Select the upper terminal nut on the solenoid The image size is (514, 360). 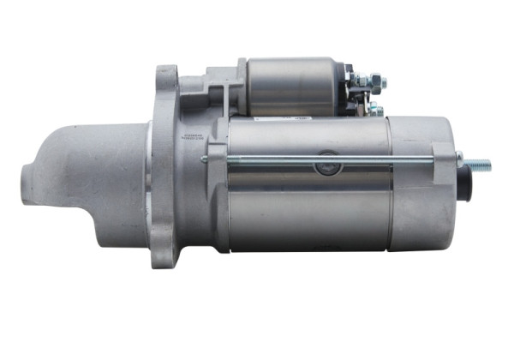tap(377, 84)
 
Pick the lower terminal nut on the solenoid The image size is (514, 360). tap(374, 109)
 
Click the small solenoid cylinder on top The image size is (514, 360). tap(291, 86)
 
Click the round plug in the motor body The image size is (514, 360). tap(326, 166)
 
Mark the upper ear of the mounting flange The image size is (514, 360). tap(165, 81)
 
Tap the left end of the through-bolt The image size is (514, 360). tap(206, 159)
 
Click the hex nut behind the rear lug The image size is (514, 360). tap(460, 160)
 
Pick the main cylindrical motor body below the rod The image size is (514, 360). tap(308, 214)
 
